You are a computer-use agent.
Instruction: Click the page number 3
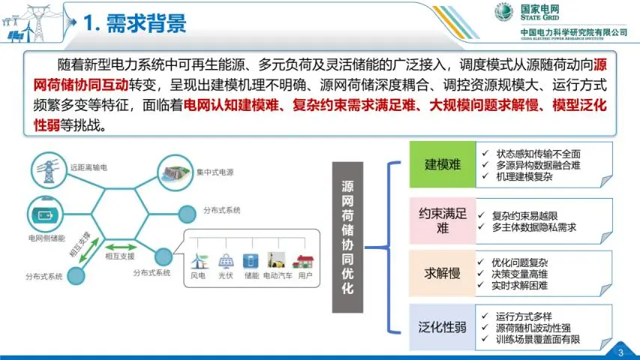(x=620, y=352)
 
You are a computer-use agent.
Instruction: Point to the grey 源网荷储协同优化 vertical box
(x=347, y=236)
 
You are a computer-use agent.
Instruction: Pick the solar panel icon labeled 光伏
(x=225, y=262)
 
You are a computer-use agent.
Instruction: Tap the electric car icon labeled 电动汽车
(x=278, y=262)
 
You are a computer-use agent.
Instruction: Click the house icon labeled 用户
(x=305, y=262)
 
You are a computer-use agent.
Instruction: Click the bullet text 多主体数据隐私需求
(x=534, y=226)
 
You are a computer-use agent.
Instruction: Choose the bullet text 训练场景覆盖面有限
(x=537, y=340)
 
